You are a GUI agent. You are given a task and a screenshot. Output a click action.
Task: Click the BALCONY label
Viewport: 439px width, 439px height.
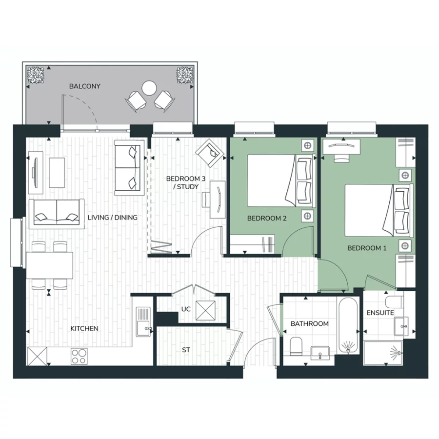pos(84,86)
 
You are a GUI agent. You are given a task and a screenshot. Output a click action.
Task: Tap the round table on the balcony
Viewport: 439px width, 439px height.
pos(149,88)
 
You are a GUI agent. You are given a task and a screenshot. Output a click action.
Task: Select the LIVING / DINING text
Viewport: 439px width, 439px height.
pos(113,218)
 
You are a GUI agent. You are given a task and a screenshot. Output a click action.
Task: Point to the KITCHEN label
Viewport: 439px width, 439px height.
pos(84,329)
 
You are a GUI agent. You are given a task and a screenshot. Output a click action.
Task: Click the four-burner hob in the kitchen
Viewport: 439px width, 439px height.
pos(79,355)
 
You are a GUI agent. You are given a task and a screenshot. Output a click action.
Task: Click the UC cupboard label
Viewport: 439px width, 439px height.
pos(185,309)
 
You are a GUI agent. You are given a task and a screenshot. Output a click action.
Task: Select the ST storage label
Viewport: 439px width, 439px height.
pos(186,350)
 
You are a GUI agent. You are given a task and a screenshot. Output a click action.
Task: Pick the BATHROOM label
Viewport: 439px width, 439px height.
pos(309,324)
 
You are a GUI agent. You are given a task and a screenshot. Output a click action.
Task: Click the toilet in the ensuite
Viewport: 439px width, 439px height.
pos(393,299)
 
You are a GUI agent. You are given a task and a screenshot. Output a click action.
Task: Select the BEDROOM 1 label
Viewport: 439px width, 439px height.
pos(366,248)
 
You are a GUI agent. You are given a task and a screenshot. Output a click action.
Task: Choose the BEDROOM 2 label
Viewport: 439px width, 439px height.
pos(267,218)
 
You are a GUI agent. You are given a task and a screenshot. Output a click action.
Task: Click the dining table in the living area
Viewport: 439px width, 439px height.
pos(50,265)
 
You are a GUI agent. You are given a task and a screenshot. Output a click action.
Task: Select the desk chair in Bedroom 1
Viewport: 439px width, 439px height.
pos(342,157)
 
